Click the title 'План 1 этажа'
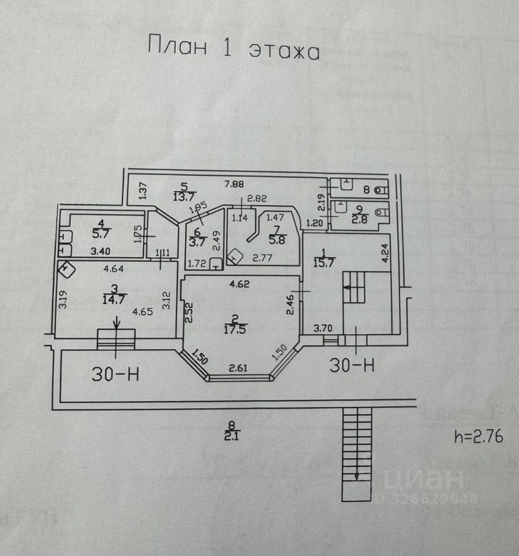tap(234, 47)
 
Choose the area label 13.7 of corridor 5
tap(184, 196)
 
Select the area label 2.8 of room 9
tap(360, 218)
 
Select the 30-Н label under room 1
tap(352, 365)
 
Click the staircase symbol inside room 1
tap(354, 287)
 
